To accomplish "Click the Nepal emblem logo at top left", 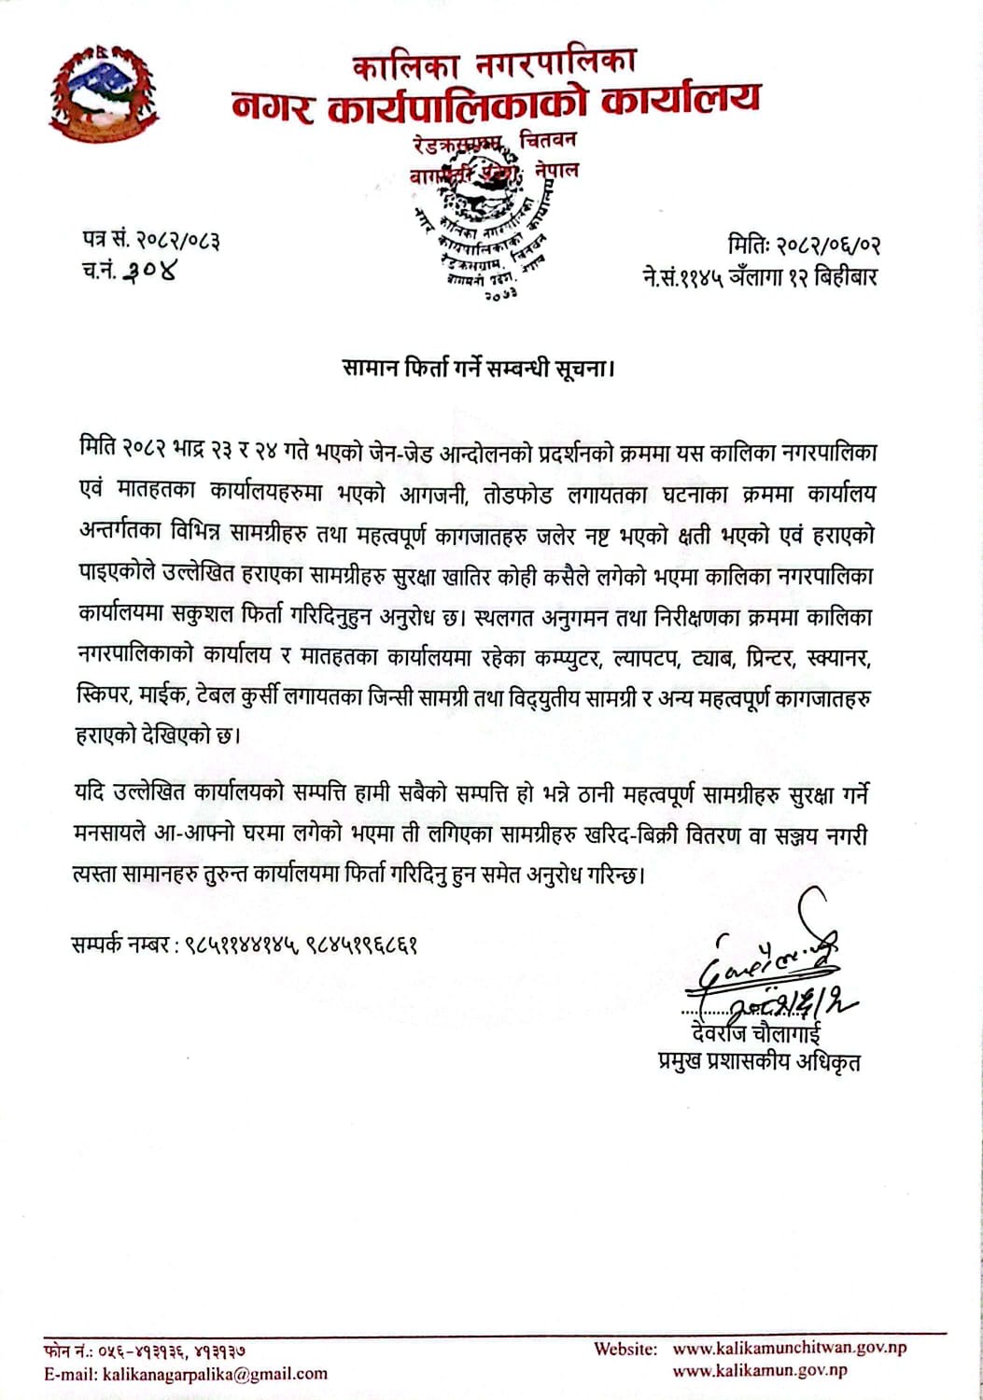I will [103, 93].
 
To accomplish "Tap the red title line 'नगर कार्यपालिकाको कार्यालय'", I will [496, 102].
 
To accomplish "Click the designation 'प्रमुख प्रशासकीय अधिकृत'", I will [759, 1062].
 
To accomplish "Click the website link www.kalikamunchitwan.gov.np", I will [789, 1348].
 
